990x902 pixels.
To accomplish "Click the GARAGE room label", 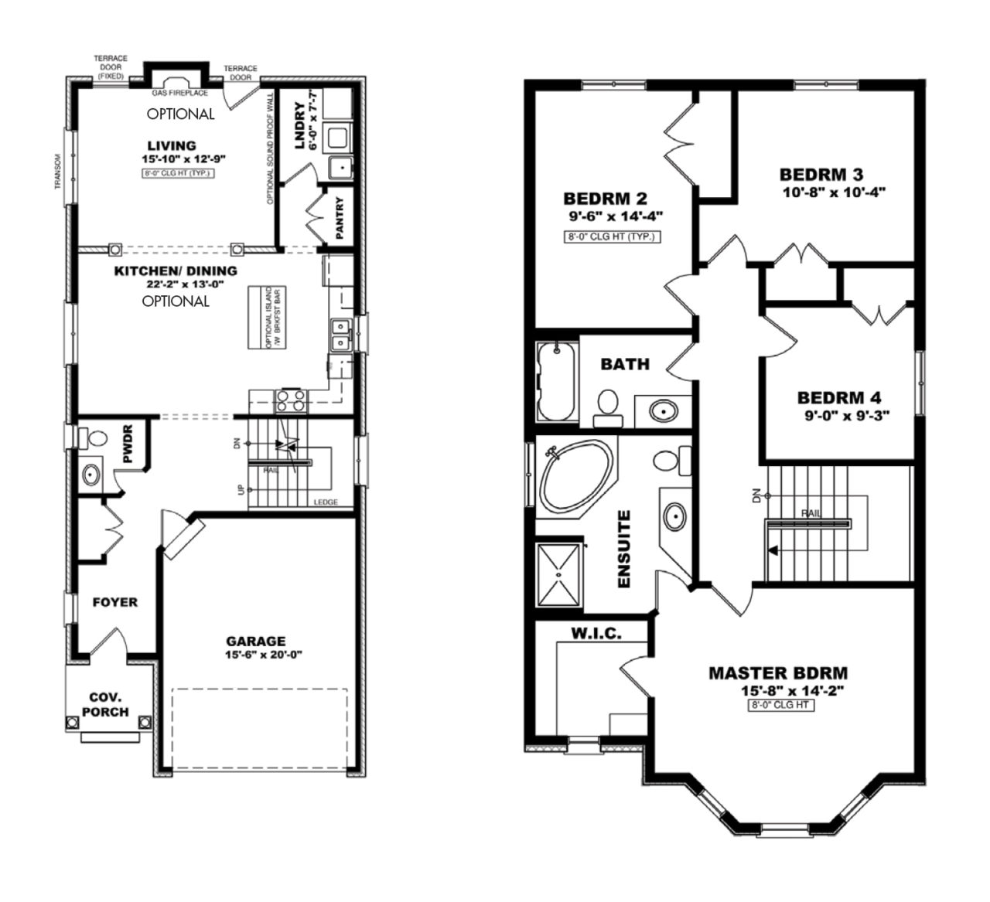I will (x=255, y=641).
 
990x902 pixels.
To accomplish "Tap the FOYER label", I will (x=114, y=602).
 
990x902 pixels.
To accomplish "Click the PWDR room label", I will (x=128, y=444).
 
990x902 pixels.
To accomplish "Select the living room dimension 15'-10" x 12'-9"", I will (x=183, y=159).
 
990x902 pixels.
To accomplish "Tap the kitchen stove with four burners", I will (x=291, y=400).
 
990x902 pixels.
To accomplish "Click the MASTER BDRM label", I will (x=778, y=673).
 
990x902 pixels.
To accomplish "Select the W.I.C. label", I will (x=596, y=634).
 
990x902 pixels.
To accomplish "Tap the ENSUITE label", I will (x=625, y=549).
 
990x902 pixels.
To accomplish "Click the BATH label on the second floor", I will (x=625, y=364).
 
